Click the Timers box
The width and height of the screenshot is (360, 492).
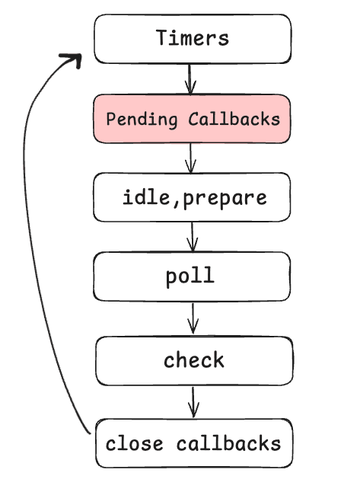[192, 38]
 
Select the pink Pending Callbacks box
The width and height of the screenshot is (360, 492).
[192, 119]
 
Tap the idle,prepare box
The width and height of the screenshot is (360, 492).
[192, 197]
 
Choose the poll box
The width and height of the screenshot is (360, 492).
[192, 276]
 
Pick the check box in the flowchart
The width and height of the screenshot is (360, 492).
[193, 360]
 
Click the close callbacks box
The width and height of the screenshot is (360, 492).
[193, 443]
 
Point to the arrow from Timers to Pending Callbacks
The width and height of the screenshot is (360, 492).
[190, 78]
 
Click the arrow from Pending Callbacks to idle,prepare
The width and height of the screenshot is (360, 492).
[191, 158]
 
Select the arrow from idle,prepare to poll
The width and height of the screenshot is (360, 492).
[192, 236]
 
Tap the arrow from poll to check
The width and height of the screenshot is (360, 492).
[193, 318]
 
